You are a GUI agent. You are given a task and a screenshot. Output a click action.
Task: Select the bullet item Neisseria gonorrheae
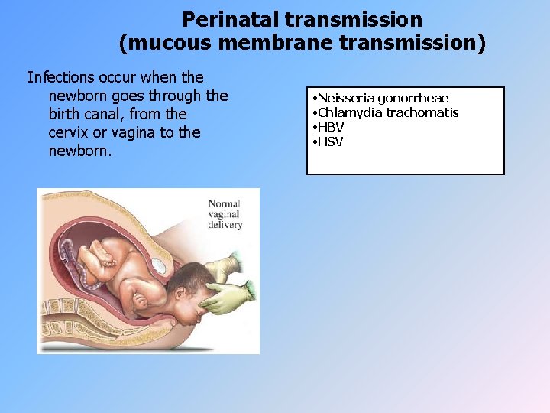tap(383, 99)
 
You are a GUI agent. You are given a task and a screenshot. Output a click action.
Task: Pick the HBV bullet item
tap(331, 127)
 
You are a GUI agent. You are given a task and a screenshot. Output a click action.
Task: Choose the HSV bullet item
tap(330, 141)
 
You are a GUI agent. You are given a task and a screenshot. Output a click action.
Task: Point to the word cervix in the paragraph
tap(70, 132)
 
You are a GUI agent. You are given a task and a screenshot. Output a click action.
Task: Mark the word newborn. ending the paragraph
tap(80, 151)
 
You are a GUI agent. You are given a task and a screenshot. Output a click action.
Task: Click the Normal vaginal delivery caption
tap(225, 214)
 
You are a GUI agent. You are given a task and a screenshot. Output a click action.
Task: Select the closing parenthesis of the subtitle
tap(480, 44)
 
